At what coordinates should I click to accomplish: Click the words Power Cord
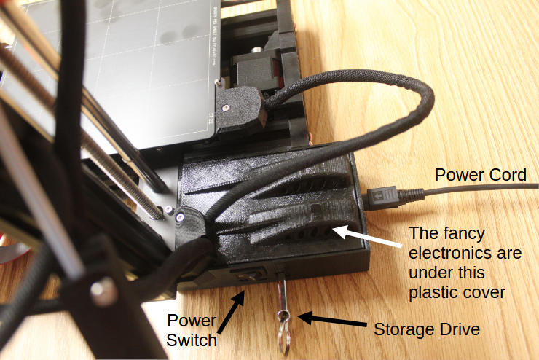point(479,175)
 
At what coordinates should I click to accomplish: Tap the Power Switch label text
point(192,330)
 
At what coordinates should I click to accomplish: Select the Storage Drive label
point(427,329)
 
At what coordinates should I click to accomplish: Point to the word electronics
point(465,254)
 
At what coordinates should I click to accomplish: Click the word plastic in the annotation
point(436,292)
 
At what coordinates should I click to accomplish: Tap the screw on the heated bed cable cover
point(227,106)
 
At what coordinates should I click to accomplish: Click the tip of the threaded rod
point(157,212)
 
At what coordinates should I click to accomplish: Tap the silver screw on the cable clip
point(180,216)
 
